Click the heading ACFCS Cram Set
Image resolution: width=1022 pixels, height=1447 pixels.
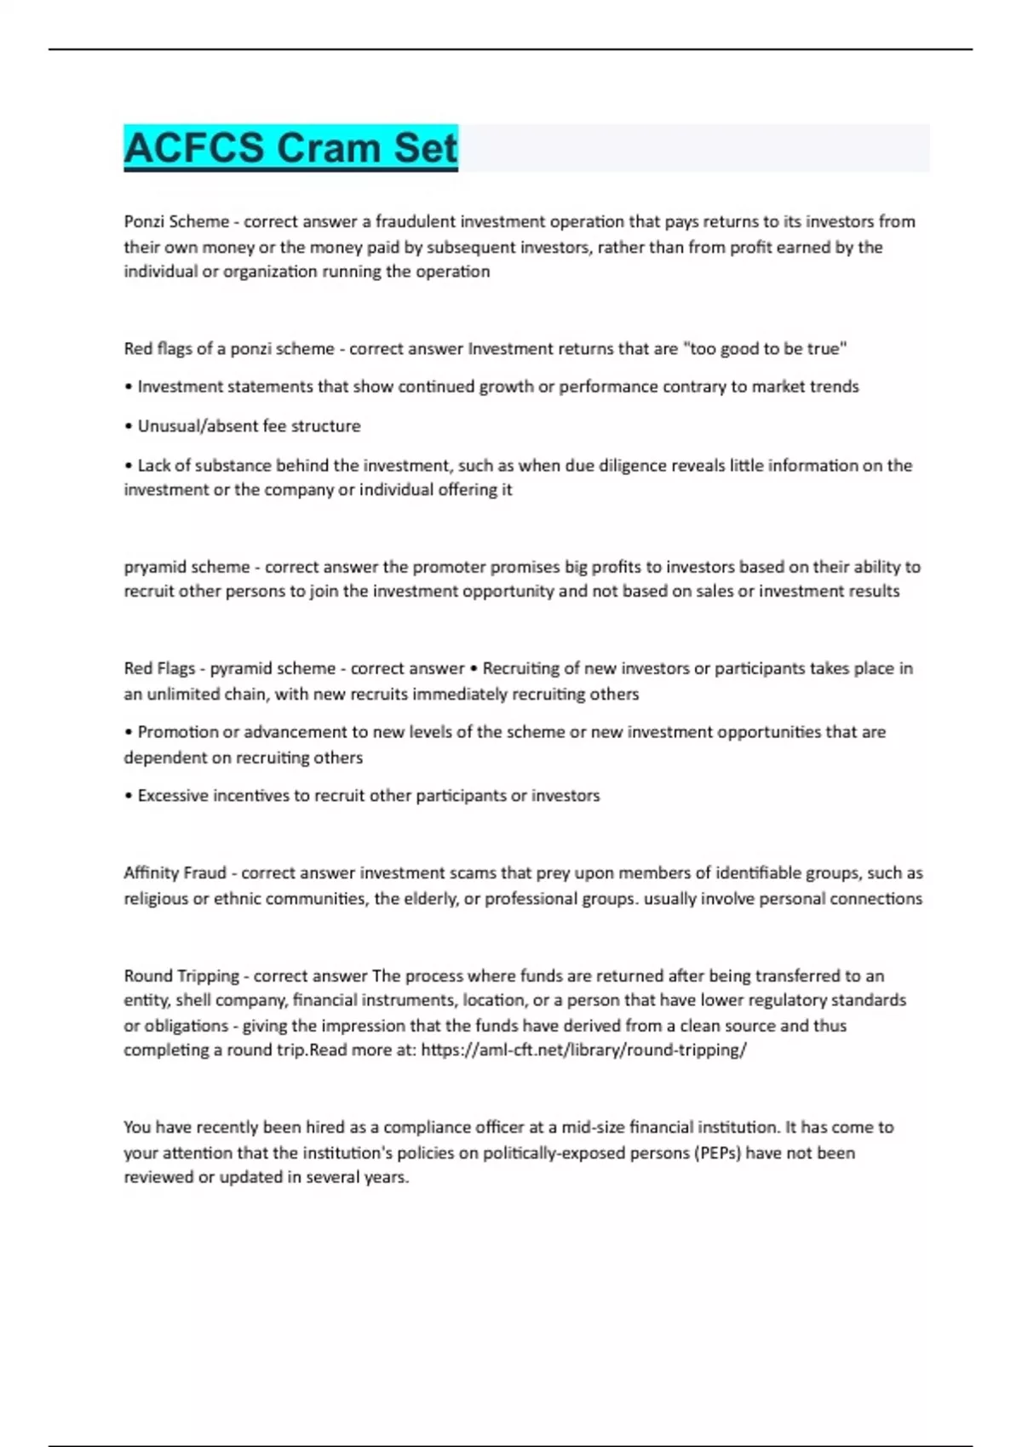[x=290, y=147]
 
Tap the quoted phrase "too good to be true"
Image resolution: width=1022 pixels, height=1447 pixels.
[x=765, y=348]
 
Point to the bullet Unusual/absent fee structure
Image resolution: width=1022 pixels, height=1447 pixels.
[x=249, y=426]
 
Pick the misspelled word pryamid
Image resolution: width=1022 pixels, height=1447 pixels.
[x=155, y=567]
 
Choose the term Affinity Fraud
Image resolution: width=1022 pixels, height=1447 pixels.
[x=175, y=872]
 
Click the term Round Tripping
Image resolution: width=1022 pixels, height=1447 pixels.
[x=181, y=975]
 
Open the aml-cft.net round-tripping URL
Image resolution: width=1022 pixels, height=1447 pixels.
[x=583, y=1050]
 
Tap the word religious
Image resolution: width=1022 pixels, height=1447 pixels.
[x=155, y=898]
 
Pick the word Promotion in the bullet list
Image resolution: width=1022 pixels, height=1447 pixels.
[x=177, y=732]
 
